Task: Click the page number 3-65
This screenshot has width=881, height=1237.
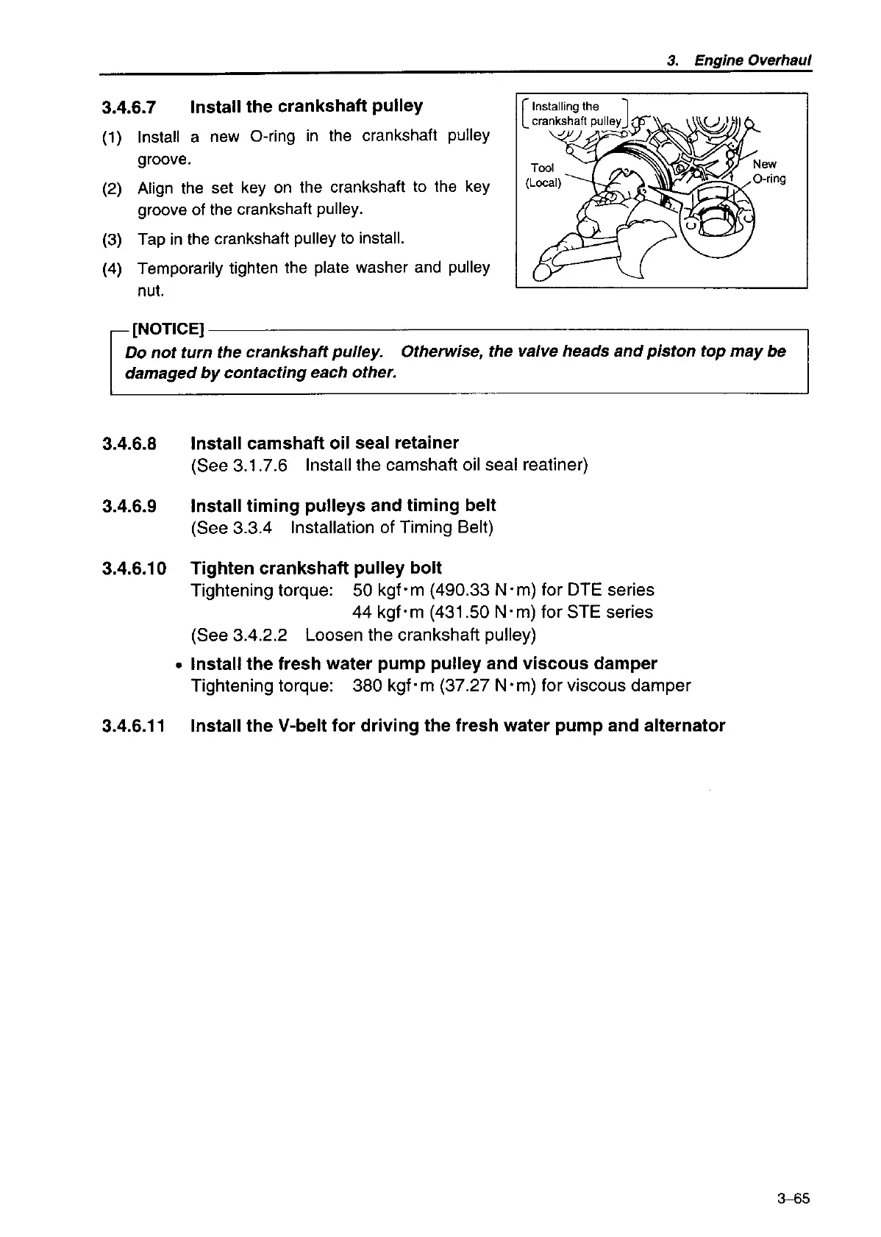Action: [x=792, y=1199]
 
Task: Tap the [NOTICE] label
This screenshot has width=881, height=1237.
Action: [x=167, y=328]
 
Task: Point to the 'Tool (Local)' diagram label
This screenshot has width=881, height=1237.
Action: [x=543, y=176]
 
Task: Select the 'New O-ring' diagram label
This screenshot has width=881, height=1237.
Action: [x=769, y=171]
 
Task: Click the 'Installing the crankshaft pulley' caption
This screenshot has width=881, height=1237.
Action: [x=576, y=114]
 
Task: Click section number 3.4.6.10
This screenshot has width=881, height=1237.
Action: [x=135, y=568]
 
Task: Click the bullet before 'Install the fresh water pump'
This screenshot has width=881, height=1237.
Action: [x=179, y=665]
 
